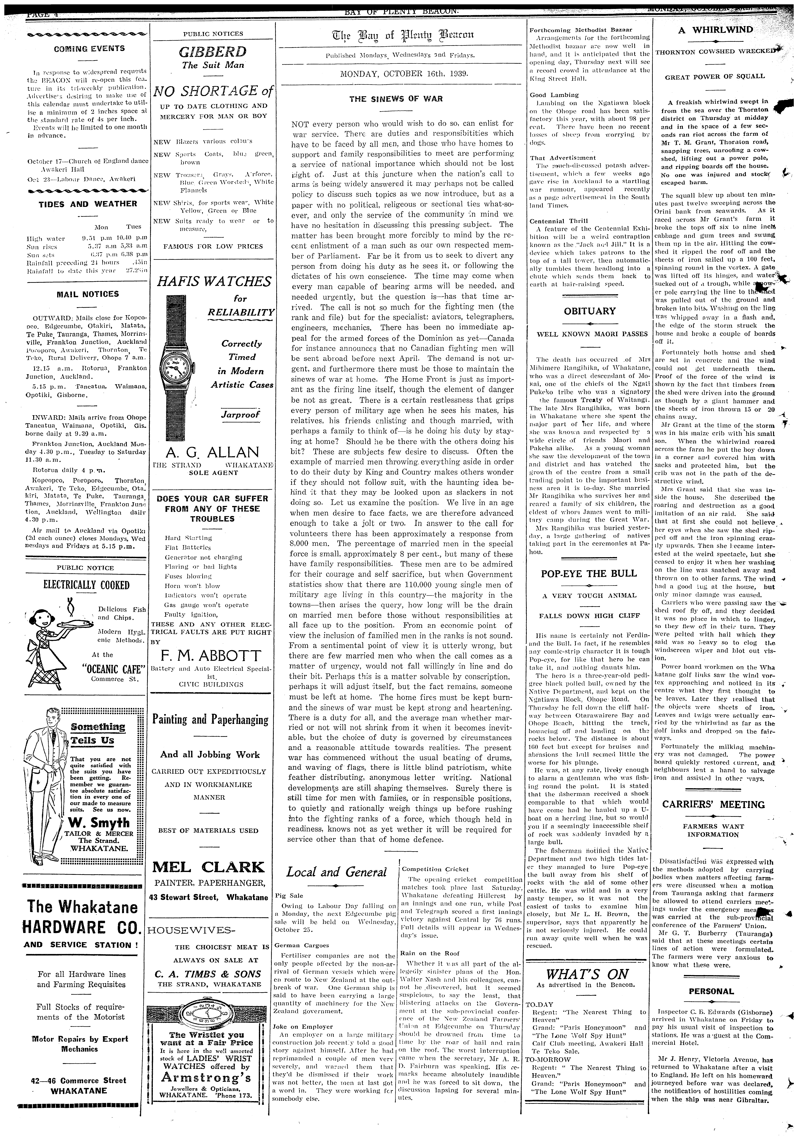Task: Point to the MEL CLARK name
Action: coord(208,867)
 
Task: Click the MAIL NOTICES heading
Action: coord(88,294)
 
